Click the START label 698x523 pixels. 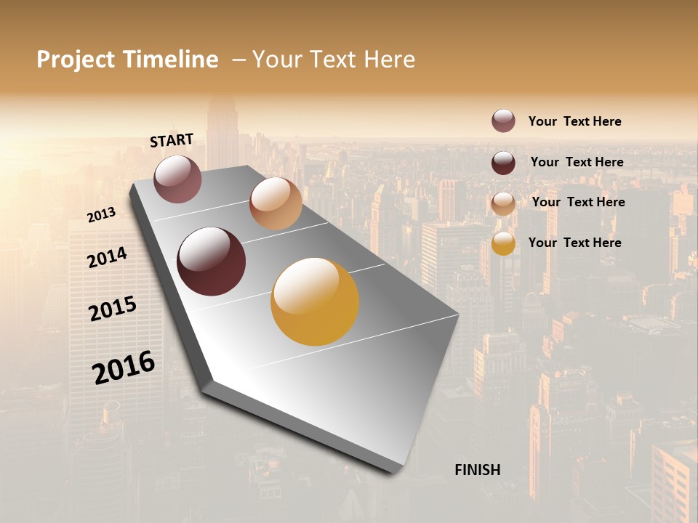(172, 140)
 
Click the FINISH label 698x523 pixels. (477, 470)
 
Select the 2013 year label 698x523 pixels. (101, 215)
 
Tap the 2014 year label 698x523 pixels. (107, 257)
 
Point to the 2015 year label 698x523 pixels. (112, 308)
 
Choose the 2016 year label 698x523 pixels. (124, 367)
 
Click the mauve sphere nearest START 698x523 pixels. (177, 179)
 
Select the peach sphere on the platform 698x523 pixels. (276, 203)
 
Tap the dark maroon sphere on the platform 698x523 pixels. (212, 261)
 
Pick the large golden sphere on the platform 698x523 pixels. (315, 301)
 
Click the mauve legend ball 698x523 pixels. (503, 121)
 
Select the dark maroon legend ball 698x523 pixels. (503, 162)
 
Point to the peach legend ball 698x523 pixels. (503, 203)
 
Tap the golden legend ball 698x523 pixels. (503, 243)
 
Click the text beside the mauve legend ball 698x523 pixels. (574, 121)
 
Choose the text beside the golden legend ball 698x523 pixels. (574, 243)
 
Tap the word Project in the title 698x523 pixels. (76, 60)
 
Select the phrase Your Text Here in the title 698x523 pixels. (334, 60)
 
